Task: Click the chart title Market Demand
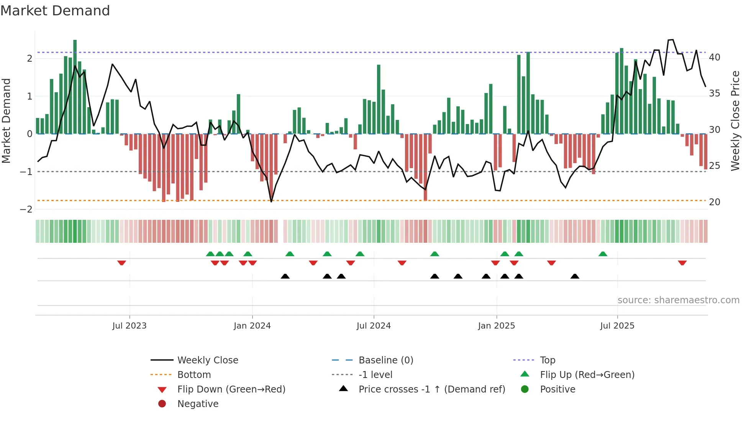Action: [x=55, y=11]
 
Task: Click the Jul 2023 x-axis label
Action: [x=130, y=326]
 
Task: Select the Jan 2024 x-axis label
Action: [x=252, y=326]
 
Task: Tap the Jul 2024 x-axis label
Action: [x=374, y=326]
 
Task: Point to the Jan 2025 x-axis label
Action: [x=497, y=326]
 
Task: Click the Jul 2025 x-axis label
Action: [x=617, y=326]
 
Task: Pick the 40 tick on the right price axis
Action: [x=715, y=57]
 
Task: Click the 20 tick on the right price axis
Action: [x=715, y=202]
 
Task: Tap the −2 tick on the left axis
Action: [x=26, y=209]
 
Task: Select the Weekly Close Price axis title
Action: [x=735, y=121]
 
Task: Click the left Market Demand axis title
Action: [x=7, y=121]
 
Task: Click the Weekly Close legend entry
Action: [x=207, y=360]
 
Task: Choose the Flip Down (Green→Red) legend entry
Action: [x=231, y=389]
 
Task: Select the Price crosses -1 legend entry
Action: [x=431, y=389]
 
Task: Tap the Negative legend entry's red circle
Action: [x=162, y=404]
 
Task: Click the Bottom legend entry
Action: [x=194, y=375]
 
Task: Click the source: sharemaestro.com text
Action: [x=678, y=300]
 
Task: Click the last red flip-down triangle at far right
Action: [x=682, y=263]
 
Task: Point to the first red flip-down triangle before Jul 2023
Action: [x=121, y=263]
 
